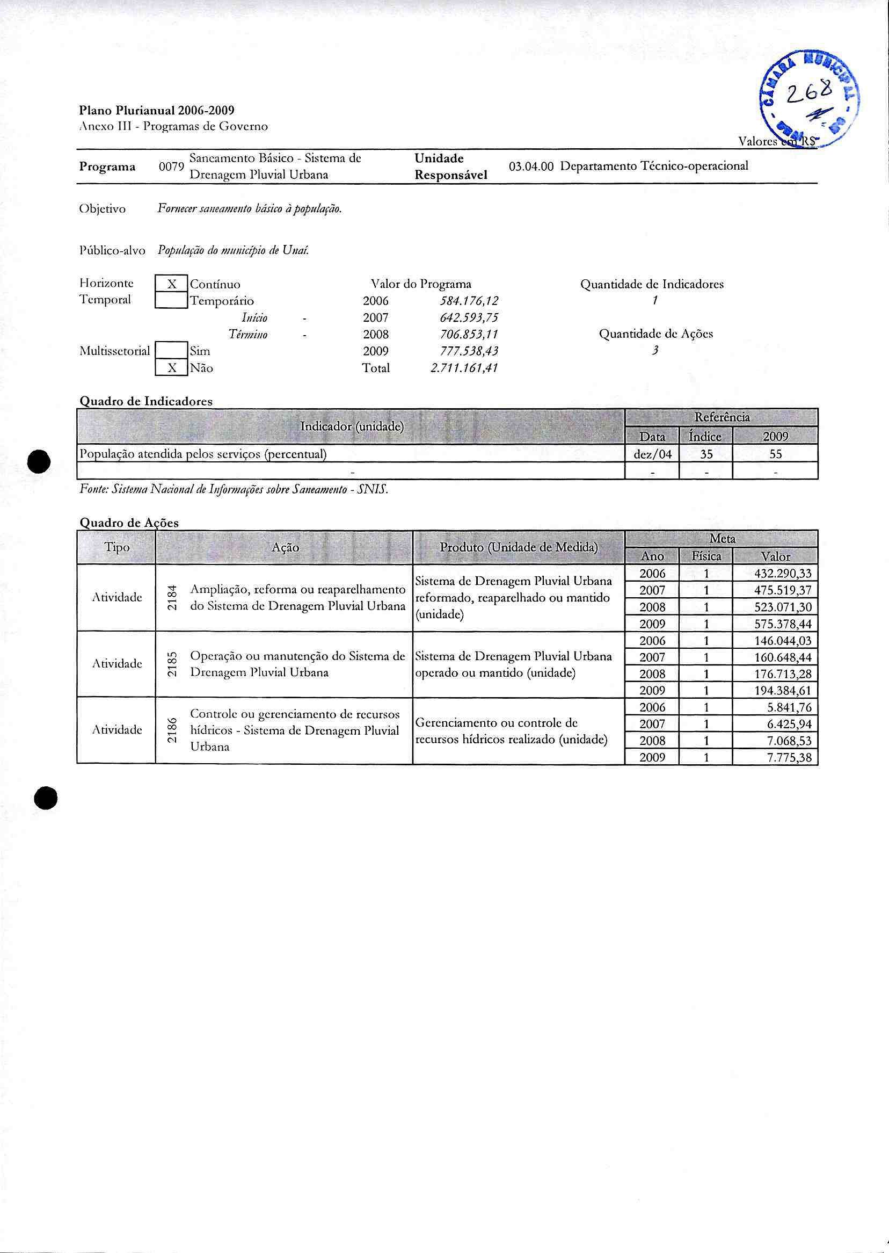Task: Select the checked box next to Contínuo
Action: (171, 284)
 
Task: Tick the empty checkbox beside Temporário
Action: (171, 301)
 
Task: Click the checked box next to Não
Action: (171, 368)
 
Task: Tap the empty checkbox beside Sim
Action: (171, 351)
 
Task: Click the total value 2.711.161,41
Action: (464, 368)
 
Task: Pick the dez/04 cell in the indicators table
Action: (652, 454)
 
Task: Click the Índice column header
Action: (705, 437)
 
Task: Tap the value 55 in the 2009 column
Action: (775, 454)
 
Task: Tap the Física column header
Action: (706, 556)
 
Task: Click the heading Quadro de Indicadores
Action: (146, 401)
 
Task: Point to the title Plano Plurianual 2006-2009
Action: (157, 111)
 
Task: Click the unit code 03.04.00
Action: (531, 166)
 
